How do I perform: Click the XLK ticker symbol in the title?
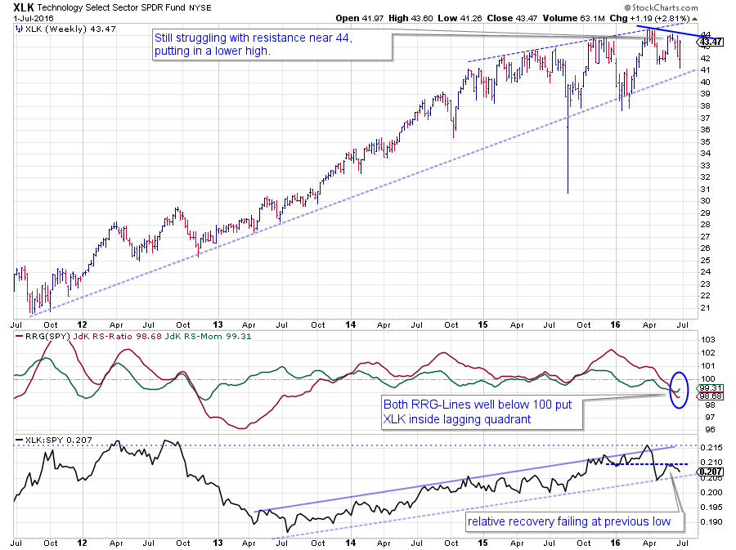point(25,6)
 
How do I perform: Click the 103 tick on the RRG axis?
point(709,339)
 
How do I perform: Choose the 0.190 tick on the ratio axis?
point(711,521)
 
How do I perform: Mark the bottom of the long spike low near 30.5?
point(568,193)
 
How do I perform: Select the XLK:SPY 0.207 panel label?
point(51,441)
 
